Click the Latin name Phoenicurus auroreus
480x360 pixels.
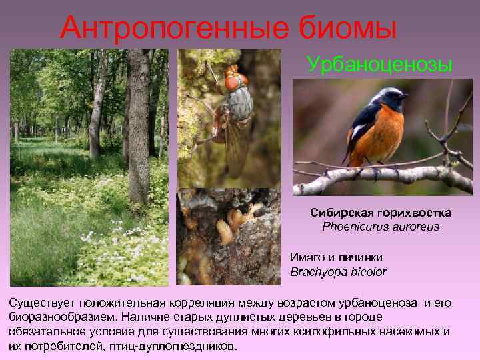[x=381, y=226]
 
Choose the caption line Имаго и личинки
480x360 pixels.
[x=336, y=257]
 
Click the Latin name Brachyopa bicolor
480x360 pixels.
[x=338, y=271]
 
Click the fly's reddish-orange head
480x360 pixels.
[x=233, y=79]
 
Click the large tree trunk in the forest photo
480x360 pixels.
[x=139, y=127]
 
